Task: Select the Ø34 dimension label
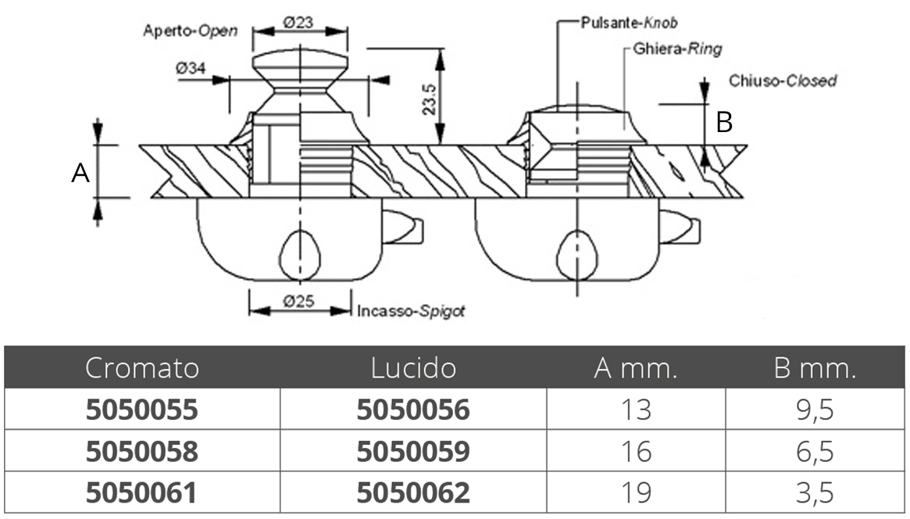pos(191,69)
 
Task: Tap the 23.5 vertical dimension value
pos(428,99)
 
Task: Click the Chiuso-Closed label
pos(782,81)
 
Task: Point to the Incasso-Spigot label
pos(411,311)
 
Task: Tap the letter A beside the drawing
pos(80,174)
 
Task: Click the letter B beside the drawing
pos(725,123)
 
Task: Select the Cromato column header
pos(142,367)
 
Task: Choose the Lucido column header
pos(412,367)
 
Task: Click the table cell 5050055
pos(141,410)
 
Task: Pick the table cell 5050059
pos(413,452)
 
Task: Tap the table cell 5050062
pos(413,493)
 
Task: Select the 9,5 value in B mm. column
pos(815,410)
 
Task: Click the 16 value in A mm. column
pos(635,452)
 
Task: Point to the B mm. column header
pos(815,367)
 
